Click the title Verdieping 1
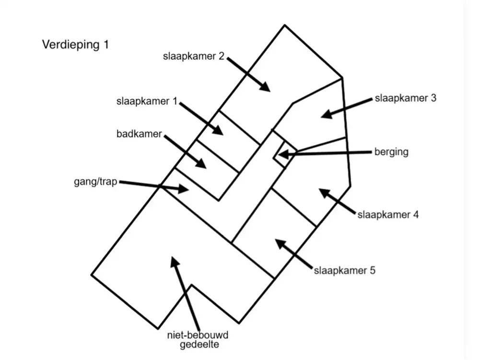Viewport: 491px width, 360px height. click(75, 45)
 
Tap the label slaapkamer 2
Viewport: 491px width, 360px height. click(194, 57)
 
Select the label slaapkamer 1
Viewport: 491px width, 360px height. click(147, 102)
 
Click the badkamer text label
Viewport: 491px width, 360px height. click(139, 134)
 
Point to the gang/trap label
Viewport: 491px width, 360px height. click(95, 182)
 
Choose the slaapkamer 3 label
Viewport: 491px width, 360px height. click(406, 98)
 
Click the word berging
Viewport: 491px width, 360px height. click(391, 152)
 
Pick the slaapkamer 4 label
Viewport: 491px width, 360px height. click(388, 215)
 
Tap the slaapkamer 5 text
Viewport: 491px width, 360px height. click(344, 270)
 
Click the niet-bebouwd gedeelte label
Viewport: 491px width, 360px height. click(198, 340)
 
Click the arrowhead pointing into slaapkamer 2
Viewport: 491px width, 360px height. click(265, 87)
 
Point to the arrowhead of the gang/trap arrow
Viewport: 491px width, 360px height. click(184, 189)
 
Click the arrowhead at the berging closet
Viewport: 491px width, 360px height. click(283, 154)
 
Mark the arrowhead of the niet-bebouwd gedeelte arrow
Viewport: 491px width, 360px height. click(174, 262)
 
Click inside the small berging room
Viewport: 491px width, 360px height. click(285, 154)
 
